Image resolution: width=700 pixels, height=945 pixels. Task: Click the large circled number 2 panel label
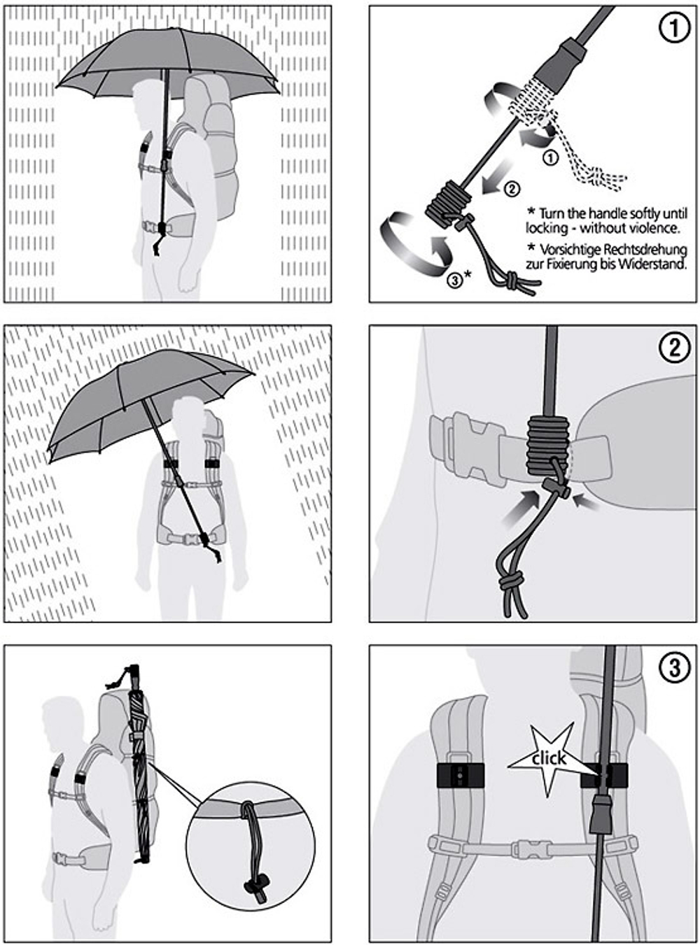pos(674,348)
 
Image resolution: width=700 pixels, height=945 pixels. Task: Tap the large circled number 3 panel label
pos(674,667)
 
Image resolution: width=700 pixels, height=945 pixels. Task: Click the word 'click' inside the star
pos(549,758)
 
